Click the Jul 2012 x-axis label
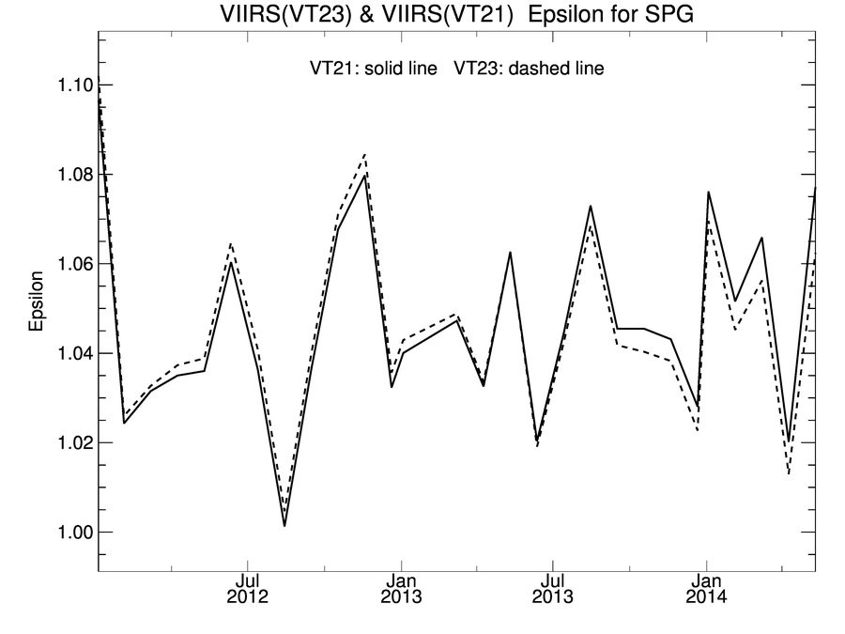[x=248, y=588]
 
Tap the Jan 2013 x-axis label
[x=402, y=588]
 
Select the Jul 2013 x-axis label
[x=555, y=588]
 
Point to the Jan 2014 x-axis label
[x=706, y=588]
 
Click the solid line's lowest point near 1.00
[x=284, y=525]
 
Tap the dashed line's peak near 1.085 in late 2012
[x=364, y=153]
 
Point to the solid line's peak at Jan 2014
[x=708, y=192]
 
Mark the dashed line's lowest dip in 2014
[x=789, y=473]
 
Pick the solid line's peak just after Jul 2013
[x=591, y=206]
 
